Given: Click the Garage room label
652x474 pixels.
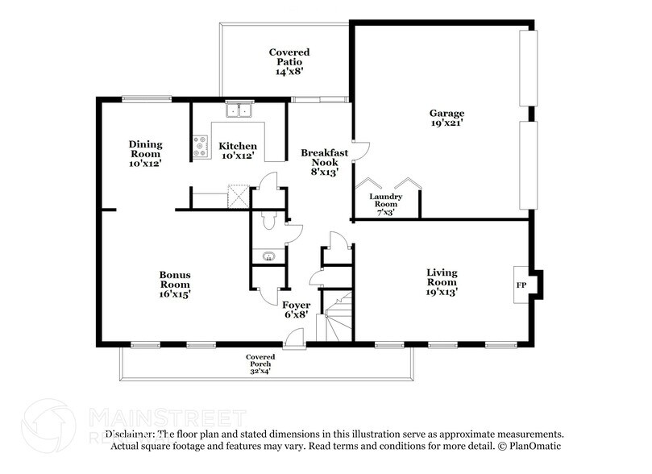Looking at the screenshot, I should pos(446,114).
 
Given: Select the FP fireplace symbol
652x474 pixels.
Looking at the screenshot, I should pos(520,286).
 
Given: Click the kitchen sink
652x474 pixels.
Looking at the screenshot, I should pos(238,110).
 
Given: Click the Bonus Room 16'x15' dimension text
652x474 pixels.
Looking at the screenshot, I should pos(174,294).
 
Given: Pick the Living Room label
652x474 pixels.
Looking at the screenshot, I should pos(441,277).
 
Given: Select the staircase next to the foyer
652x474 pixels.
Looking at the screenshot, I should pos(338,318).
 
